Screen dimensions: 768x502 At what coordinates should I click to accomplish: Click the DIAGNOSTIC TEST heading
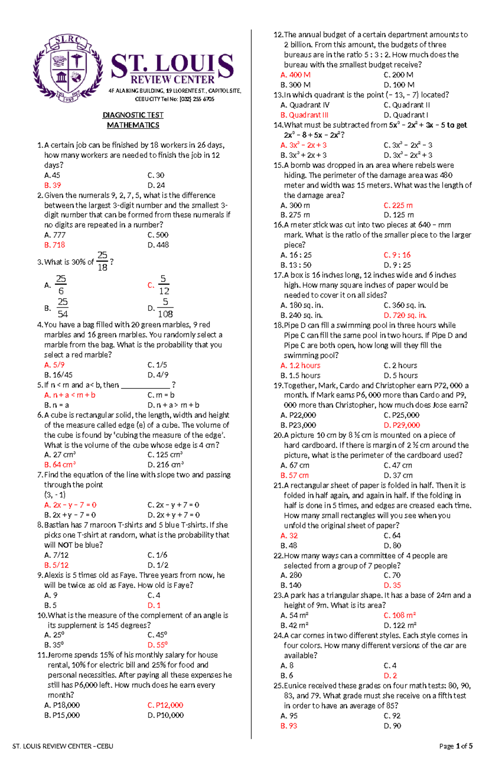[133, 115]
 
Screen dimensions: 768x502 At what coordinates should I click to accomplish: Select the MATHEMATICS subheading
[133, 125]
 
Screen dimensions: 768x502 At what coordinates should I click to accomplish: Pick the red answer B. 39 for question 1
[53, 185]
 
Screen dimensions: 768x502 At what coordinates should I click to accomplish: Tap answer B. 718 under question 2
[55, 245]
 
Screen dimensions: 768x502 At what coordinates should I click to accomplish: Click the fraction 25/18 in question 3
[102, 261]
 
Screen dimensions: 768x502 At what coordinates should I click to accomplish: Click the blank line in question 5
[145, 385]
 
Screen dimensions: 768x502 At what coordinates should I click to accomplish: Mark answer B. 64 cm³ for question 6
[60, 465]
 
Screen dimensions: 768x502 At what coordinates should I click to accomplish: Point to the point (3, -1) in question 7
[55, 495]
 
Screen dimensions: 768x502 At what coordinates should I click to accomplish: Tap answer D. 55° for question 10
[157, 645]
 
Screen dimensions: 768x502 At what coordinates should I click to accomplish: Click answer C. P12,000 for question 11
[165, 706]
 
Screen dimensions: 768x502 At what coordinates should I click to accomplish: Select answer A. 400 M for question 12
[295, 75]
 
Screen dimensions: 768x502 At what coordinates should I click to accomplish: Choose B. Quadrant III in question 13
[304, 115]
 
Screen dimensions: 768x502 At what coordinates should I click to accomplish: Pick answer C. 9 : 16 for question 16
[397, 255]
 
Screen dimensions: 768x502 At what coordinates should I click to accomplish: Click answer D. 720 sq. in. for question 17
[405, 316]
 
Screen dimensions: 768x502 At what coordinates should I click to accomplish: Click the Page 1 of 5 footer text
[456, 746]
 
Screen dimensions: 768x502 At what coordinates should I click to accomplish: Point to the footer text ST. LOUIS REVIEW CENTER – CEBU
[63, 746]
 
